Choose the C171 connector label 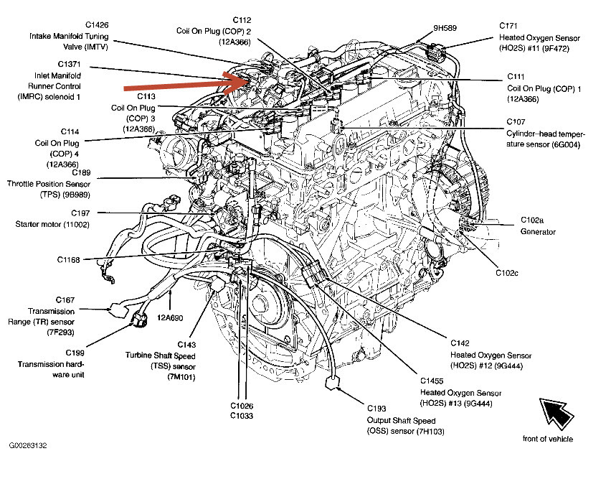(511, 25)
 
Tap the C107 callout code (516, 122)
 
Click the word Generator (538, 232)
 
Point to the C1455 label (435, 381)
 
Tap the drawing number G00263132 (29, 445)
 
